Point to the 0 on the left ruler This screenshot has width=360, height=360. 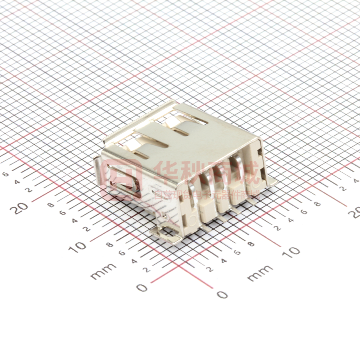pos(142,287)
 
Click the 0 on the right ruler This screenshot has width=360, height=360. pos(222,295)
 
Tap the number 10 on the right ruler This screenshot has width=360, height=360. pos(292,251)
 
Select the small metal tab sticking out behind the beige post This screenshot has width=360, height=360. pos(270,181)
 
